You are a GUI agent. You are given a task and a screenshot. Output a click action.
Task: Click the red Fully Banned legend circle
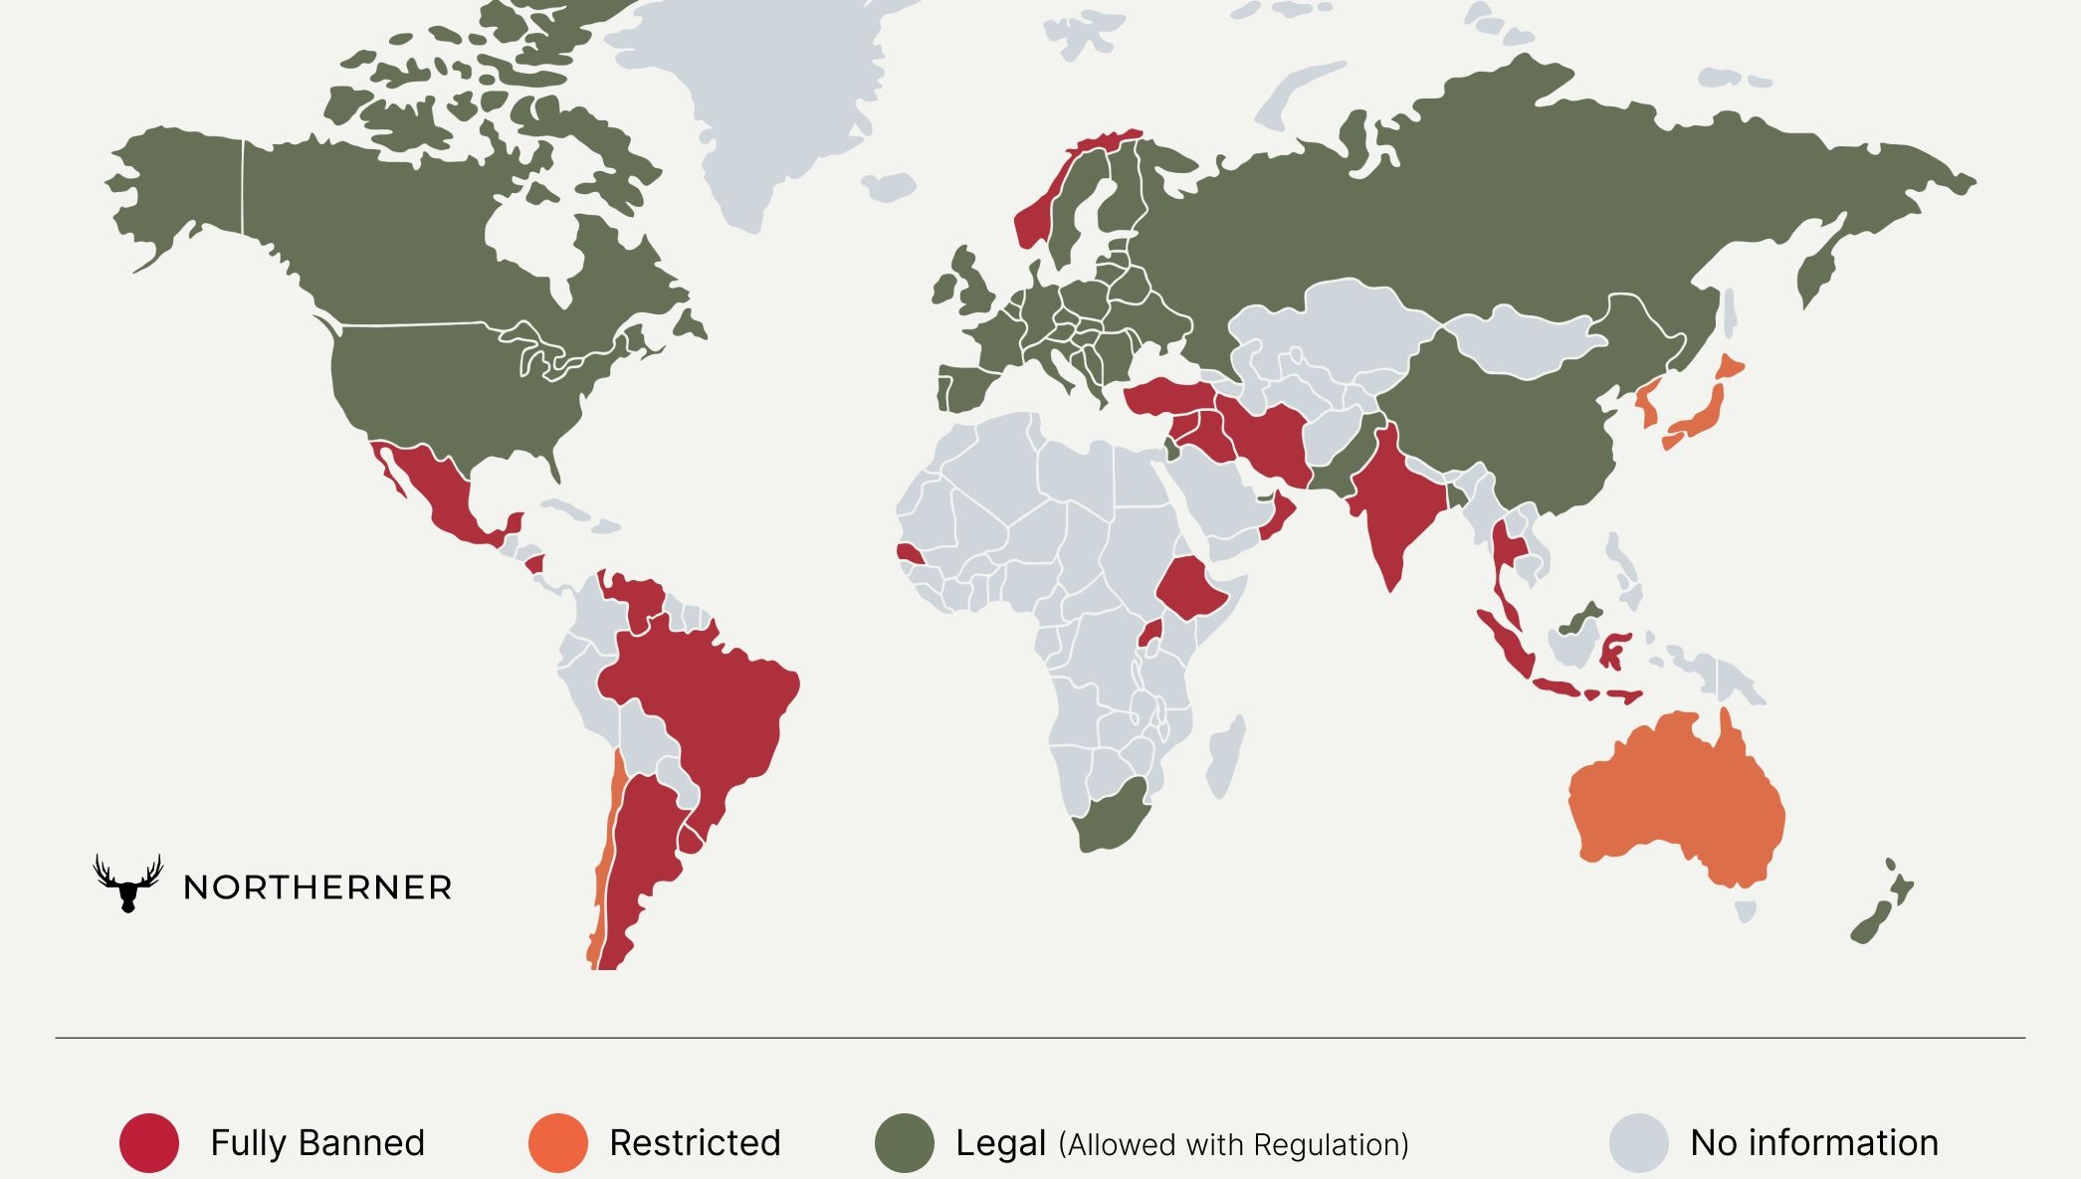click(x=149, y=1142)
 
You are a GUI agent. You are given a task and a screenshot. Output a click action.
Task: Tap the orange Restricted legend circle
click(x=557, y=1142)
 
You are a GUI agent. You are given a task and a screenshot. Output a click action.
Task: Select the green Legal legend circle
click(x=905, y=1142)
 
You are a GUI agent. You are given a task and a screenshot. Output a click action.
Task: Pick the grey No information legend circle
click(x=1638, y=1142)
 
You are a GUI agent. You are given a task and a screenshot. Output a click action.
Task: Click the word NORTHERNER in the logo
click(x=317, y=887)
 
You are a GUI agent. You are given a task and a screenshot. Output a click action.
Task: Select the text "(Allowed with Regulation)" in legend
click(x=1233, y=1144)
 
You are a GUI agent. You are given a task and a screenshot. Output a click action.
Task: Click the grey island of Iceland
click(x=889, y=186)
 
